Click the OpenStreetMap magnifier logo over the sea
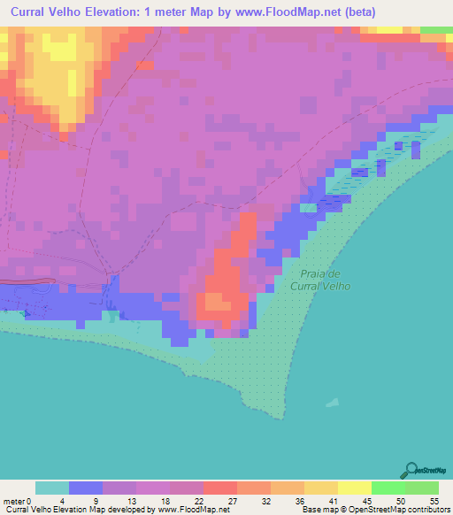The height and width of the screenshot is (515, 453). (411, 469)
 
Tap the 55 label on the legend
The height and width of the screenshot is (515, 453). (434, 500)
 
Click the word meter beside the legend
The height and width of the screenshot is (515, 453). (12, 500)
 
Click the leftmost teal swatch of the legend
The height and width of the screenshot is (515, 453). (52, 488)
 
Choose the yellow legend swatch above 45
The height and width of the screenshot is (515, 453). (355, 488)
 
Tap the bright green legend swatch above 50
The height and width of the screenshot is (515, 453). (388, 488)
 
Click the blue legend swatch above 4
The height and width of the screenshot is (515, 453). (86, 488)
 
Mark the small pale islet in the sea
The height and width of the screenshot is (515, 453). (333, 400)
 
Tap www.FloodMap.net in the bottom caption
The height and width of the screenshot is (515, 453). (189, 510)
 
